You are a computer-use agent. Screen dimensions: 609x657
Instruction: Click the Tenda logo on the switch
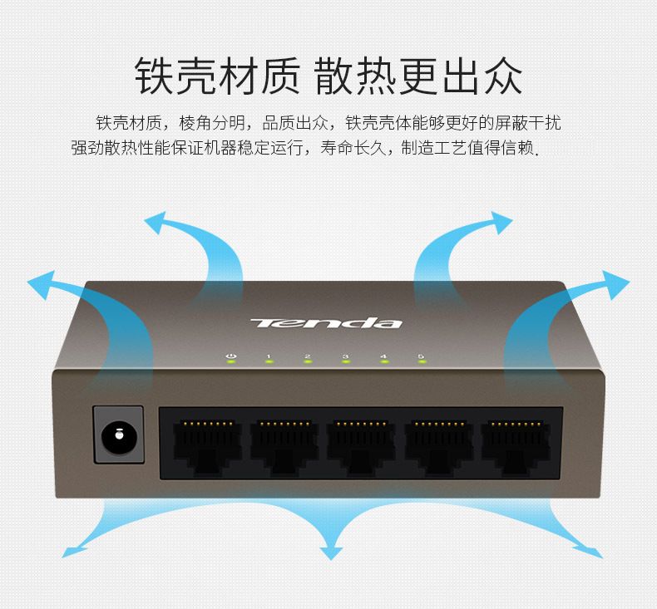[x=326, y=322]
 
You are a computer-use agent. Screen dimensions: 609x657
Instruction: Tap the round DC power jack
[x=119, y=434]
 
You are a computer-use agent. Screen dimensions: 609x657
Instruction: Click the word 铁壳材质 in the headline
[x=216, y=77]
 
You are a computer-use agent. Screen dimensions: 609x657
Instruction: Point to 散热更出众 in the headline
[x=418, y=77]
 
